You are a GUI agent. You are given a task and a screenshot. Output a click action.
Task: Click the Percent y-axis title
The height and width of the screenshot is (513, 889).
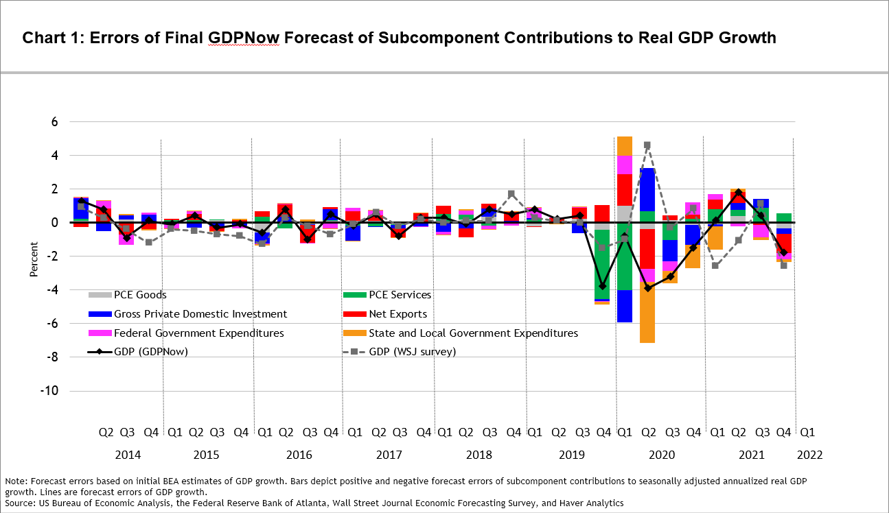(x=34, y=260)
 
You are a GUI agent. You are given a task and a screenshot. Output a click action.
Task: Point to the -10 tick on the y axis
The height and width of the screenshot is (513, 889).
(x=49, y=390)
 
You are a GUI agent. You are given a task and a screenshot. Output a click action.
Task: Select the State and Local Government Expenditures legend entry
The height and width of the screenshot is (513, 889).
(x=461, y=333)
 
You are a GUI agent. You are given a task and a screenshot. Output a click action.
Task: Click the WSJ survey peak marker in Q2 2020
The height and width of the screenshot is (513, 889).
(x=647, y=145)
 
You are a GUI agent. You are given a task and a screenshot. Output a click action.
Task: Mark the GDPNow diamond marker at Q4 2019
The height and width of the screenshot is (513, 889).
(x=602, y=286)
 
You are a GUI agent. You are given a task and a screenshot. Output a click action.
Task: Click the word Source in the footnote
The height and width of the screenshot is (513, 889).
(x=21, y=503)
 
